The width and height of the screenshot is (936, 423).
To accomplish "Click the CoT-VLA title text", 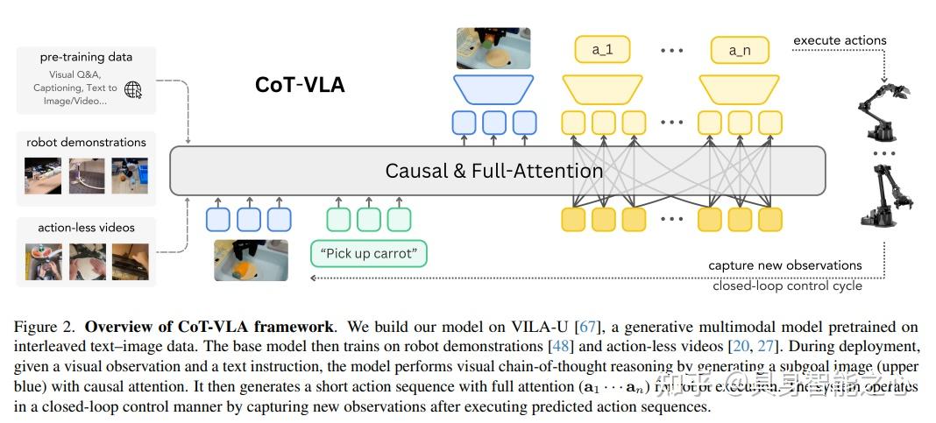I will [x=299, y=85].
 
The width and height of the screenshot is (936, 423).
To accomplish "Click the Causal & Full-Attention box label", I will [x=493, y=171].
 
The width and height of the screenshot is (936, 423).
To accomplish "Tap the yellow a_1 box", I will [x=602, y=50].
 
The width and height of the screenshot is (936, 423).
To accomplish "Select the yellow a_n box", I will [x=739, y=50].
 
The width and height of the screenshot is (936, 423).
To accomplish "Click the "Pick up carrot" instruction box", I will [x=369, y=254].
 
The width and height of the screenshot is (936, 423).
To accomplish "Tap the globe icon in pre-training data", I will [x=133, y=89].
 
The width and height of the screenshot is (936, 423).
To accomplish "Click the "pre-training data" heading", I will [x=86, y=57].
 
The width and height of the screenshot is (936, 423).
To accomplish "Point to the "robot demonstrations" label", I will [x=86, y=142].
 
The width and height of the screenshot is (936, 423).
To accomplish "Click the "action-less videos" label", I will [x=86, y=228].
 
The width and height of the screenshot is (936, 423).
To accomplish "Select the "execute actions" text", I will [x=840, y=40].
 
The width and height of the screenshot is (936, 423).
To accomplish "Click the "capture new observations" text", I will [x=784, y=265].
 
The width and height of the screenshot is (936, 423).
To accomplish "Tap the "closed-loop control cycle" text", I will [x=787, y=286].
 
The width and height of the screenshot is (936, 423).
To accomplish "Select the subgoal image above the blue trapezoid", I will [x=493, y=48].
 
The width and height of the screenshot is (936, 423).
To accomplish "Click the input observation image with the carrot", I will [x=251, y=260].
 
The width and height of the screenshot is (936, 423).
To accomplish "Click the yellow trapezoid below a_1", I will [x=602, y=89].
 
